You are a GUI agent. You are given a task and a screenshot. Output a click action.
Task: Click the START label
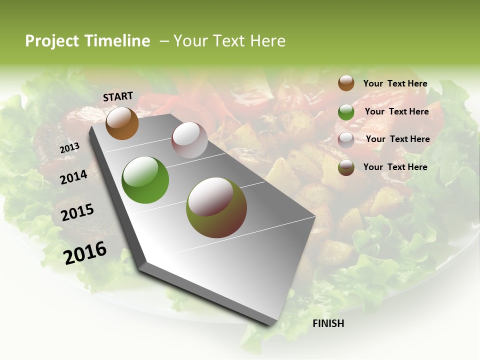point(118,96)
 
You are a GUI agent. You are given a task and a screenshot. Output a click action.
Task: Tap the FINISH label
point(328,323)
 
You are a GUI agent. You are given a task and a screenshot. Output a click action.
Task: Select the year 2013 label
point(70,147)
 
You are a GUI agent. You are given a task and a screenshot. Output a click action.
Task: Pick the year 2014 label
point(74,177)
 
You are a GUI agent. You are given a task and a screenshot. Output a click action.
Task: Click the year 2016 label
point(85,252)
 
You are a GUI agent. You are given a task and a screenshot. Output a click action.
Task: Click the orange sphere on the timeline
point(122,123)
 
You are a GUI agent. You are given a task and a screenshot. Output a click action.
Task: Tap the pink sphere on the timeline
point(189,140)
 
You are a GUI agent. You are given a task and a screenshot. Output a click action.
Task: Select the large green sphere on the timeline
point(145,180)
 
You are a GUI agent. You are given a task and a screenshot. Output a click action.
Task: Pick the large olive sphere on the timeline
point(216,207)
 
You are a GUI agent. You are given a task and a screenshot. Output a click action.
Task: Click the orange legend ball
point(346,83)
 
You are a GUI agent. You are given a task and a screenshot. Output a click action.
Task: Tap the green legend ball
point(346,112)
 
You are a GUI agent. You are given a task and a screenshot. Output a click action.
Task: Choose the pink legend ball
point(346,140)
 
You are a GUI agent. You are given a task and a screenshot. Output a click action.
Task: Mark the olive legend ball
point(346,168)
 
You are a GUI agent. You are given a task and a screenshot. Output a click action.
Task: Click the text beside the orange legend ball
point(395,83)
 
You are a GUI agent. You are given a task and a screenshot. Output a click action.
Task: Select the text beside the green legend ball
point(396,111)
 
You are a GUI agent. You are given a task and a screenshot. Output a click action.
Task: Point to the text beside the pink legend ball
point(397,139)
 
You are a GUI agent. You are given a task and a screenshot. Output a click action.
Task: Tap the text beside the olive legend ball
point(395,167)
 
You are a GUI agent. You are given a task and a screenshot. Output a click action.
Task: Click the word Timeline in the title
point(118,41)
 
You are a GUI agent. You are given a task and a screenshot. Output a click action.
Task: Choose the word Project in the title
point(51,41)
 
